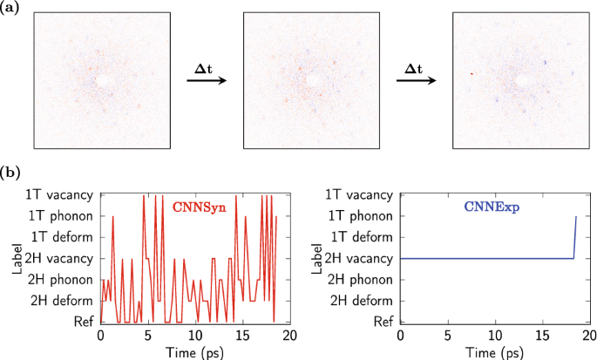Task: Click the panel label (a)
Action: coord(10,8)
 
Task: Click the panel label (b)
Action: coord(10,173)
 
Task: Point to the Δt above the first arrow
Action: coord(207,66)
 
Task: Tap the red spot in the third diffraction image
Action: coord(471,74)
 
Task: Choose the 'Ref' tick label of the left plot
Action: coord(81,322)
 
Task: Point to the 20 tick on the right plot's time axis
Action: coord(590,336)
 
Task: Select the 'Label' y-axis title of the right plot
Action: coord(312,259)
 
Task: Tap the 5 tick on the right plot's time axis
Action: coord(447,336)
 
